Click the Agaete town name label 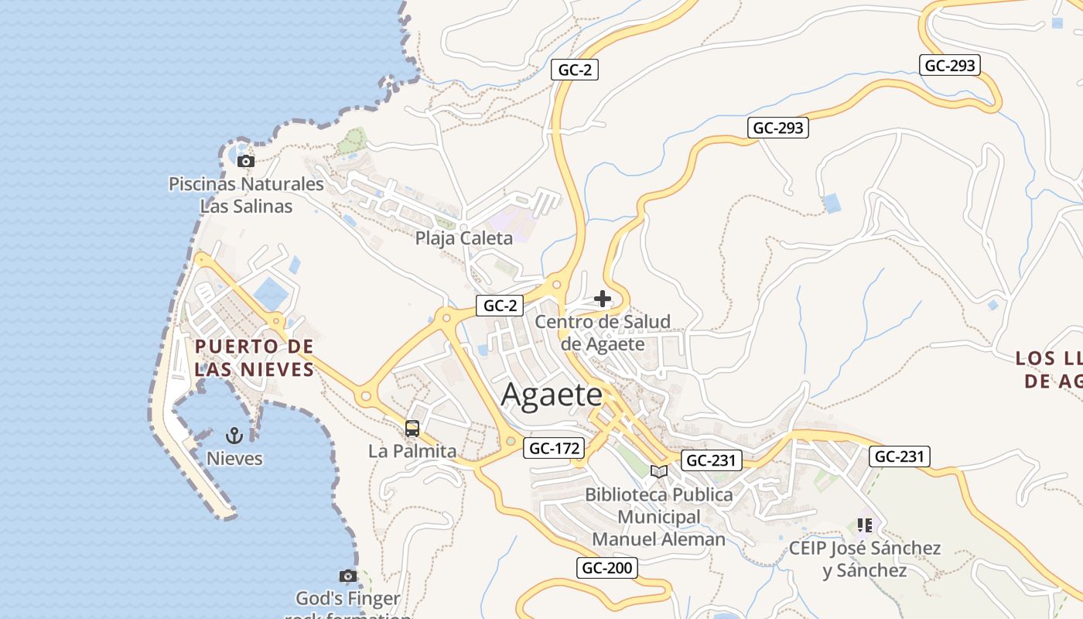point(552,395)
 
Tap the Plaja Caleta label point(463,238)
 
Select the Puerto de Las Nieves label point(255,357)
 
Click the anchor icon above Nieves point(234,436)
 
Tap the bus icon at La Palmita point(412,428)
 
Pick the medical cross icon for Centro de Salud point(603,299)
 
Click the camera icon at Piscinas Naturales point(246,161)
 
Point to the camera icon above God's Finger point(348,576)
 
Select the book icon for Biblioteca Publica point(659,471)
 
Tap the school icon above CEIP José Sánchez point(865,526)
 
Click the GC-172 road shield point(555,448)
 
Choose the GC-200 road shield point(607,568)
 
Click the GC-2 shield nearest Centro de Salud point(500,306)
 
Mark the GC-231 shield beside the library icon point(712,460)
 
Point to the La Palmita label point(412,450)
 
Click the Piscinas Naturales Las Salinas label point(246,195)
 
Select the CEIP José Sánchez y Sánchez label point(865,559)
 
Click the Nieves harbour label point(234,459)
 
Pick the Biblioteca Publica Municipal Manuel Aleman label point(659,517)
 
